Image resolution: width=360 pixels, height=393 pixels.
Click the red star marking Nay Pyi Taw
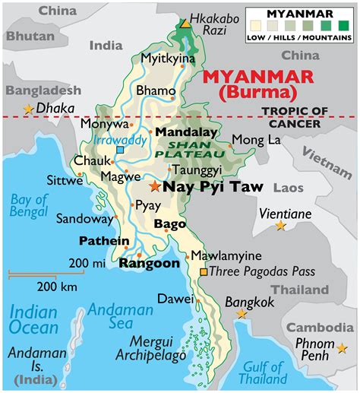point(155,186)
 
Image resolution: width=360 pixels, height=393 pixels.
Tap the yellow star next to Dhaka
point(29,109)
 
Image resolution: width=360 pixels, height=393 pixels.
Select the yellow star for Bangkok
point(242,314)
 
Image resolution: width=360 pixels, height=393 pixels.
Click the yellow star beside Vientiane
point(280,226)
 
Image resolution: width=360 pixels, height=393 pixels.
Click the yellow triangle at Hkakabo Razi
point(185,24)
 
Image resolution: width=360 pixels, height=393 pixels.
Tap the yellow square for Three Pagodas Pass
point(203,271)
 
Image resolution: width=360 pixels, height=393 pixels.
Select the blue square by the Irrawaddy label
point(120,150)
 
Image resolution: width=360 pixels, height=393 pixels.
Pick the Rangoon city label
point(150,263)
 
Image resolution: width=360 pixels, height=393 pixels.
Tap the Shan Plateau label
point(185,149)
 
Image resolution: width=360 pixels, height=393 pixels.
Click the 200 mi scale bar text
point(84,263)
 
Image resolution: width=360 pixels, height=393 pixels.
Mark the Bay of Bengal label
point(29,208)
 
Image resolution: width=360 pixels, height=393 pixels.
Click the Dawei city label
point(173,300)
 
